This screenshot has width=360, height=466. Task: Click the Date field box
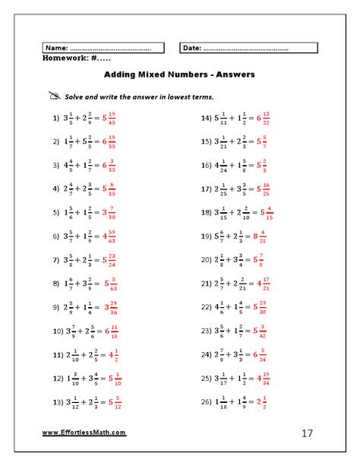[248, 48]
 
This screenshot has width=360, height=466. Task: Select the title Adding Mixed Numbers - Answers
[179, 74]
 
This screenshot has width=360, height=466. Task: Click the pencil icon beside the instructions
[53, 97]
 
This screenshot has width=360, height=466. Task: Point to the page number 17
[307, 434]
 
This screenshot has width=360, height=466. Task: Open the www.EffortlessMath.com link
[84, 433]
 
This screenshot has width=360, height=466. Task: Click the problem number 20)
[204, 260]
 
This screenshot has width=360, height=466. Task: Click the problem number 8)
[56, 284]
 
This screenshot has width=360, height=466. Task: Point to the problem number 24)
[204, 354]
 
